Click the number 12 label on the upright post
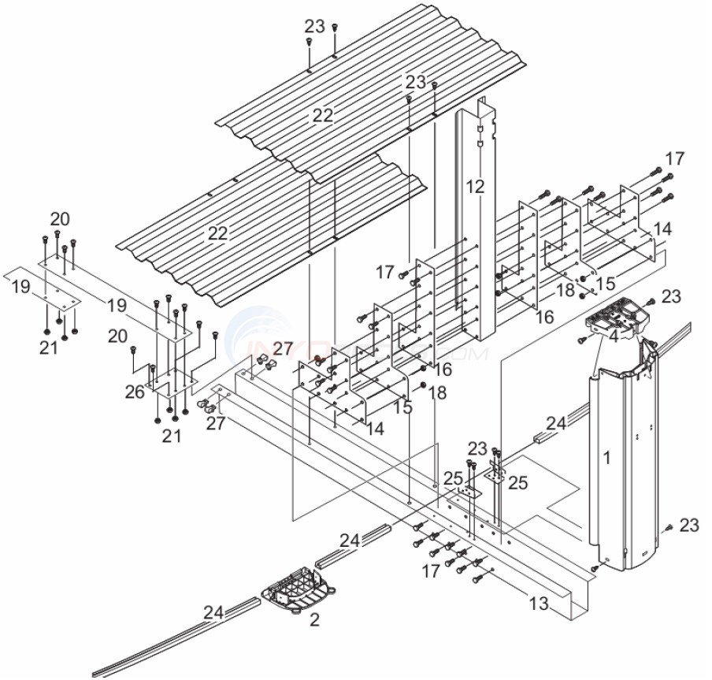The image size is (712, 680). (x=474, y=187)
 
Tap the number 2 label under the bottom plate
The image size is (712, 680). (x=314, y=620)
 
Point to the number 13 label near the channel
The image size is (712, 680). (x=538, y=604)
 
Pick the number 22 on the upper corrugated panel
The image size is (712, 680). (x=323, y=116)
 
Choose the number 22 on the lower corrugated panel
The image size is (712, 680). (x=218, y=233)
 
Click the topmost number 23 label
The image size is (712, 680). (x=314, y=25)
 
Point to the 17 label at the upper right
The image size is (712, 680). (x=675, y=158)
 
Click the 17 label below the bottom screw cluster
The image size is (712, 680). (x=431, y=570)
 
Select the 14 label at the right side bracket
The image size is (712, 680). (x=663, y=229)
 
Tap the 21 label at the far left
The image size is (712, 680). (x=49, y=346)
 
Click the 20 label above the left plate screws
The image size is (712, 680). (x=60, y=219)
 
